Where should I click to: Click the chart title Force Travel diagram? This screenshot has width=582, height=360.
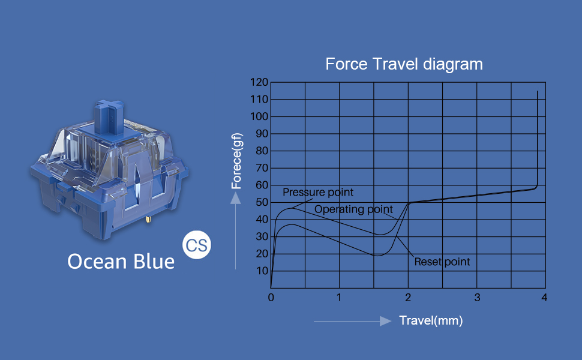pyautogui.click(x=404, y=64)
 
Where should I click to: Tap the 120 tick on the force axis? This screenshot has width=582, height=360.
pyautogui.click(x=259, y=82)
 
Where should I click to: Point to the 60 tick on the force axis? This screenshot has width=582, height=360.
pyautogui.click(x=262, y=185)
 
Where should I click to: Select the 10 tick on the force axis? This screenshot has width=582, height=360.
pyautogui.click(x=262, y=271)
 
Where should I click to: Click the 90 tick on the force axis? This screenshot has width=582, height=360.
pyautogui.click(x=262, y=134)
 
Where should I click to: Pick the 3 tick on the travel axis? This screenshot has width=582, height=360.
pyautogui.click(x=477, y=298)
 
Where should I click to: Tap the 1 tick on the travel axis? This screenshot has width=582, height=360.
pyautogui.click(x=339, y=298)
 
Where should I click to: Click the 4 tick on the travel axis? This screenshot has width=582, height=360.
pyautogui.click(x=544, y=298)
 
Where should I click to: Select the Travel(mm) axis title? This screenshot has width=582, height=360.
pyautogui.click(x=431, y=320)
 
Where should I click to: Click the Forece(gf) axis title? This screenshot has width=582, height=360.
pyautogui.click(x=236, y=161)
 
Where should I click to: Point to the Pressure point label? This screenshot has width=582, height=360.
pyautogui.click(x=318, y=192)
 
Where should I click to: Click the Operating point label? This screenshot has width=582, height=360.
pyautogui.click(x=353, y=209)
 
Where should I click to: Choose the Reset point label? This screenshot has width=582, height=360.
pyautogui.click(x=442, y=262)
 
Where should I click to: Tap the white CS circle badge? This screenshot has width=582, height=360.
pyautogui.click(x=196, y=245)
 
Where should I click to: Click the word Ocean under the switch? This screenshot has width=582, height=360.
pyautogui.click(x=97, y=261)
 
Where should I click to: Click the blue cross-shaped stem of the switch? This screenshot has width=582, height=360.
pyautogui.click(x=109, y=116)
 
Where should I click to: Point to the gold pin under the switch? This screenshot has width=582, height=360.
pyautogui.click(x=148, y=219)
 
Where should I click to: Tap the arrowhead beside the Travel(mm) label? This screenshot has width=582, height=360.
pyautogui.click(x=386, y=321)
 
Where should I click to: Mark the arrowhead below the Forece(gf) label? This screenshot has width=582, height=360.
pyautogui.click(x=235, y=199)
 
